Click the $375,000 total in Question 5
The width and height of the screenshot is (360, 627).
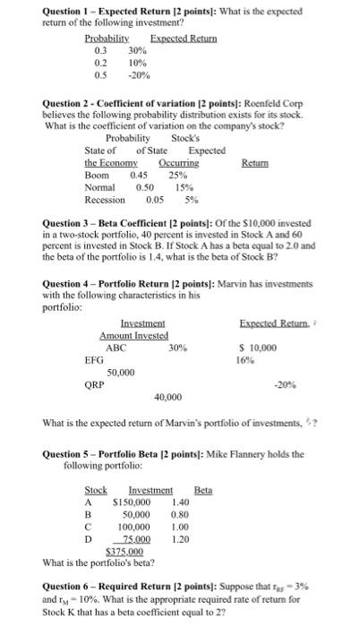124,553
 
